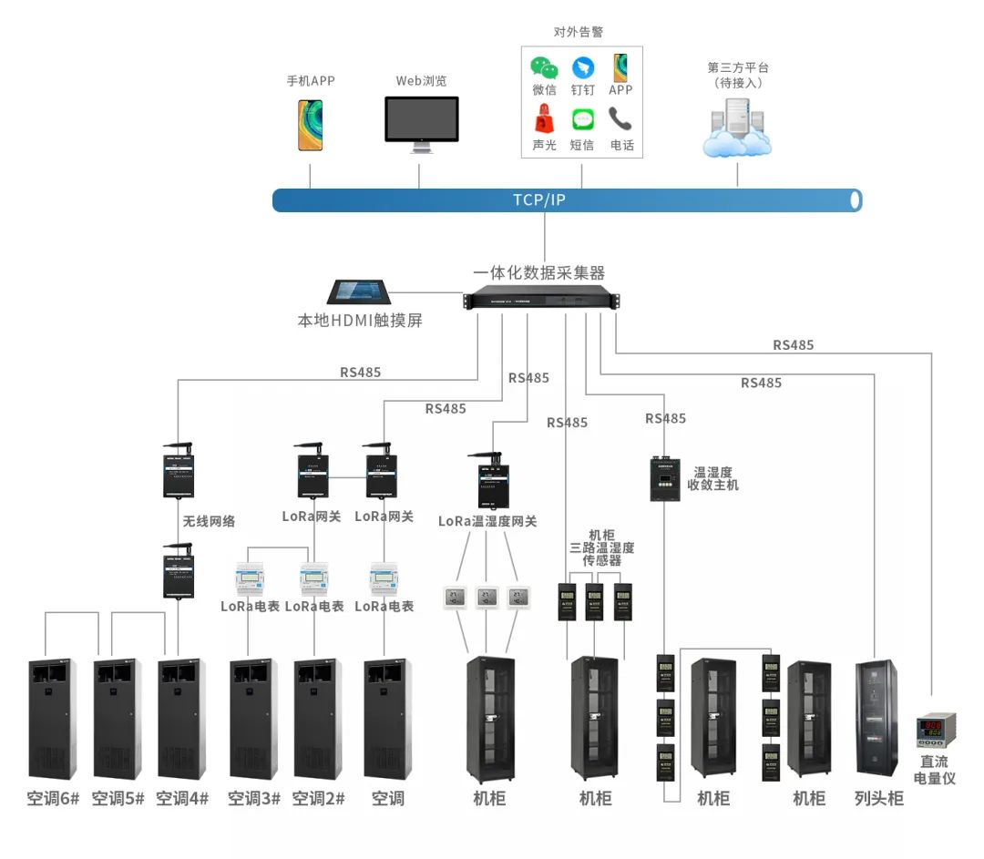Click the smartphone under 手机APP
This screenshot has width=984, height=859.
pyautogui.click(x=310, y=125)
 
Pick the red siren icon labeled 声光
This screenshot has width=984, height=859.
pyautogui.click(x=544, y=119)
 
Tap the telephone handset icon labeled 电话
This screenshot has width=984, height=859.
pyautogui.click(x=621, y=119)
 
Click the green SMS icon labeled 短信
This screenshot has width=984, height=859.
pyautogui.click(x=583, y=119)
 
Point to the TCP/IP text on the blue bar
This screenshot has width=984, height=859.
pyautogui.click(x=538, y=199)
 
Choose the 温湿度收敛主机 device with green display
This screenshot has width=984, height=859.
pyautogui.click(x=664, y=478)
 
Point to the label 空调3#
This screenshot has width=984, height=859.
pyautogui.click(x=254, y=799)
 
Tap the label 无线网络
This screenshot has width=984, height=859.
pyautogui.click(x=209, y=521)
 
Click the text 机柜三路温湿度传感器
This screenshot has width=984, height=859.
pyautogui.click(x=601, y=547)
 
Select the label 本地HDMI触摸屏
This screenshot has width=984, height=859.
pyautogui.click(x=360, y=321)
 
